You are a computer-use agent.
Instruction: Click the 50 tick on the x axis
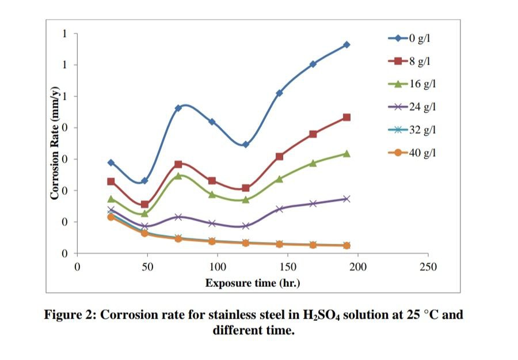[147, 267]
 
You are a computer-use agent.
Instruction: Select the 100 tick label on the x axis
[218, 267]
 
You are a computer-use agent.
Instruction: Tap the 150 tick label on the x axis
[288, 267]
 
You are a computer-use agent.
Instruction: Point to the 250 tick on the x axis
[428, 267]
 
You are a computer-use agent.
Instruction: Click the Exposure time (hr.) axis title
[253, 283]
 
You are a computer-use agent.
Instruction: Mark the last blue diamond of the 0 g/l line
[346, 45]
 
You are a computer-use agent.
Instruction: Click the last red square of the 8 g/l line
[346, 118]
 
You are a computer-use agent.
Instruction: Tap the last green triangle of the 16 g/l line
[346, 153]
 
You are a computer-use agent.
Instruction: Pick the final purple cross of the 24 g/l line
[346, 199]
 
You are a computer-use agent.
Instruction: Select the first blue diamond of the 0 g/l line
[111, 163]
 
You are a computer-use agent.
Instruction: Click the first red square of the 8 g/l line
[111, 181]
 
